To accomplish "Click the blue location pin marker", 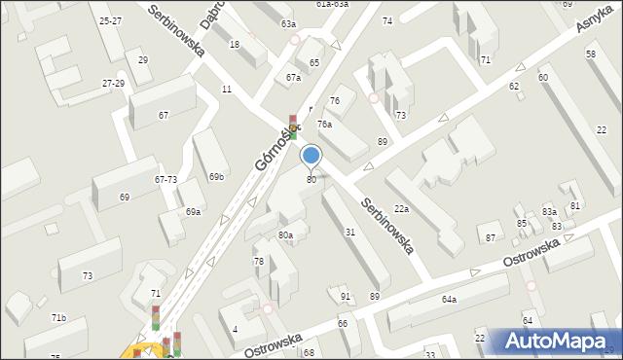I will click(311, 156).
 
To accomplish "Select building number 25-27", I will click(111, 20).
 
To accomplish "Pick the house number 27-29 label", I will click(113, 84).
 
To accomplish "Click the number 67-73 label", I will click(165, 180).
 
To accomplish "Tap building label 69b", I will click(216, 177).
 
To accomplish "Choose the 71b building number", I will click(58, 318).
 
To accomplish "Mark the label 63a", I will click(288, 23).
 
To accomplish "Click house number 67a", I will click(293, 77).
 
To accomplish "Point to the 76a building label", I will click(324, 125).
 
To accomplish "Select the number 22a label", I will click(401, 209).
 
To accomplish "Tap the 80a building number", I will click(285, 235).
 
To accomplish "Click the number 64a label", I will click(449, 300).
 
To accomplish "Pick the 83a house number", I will click(549, 211).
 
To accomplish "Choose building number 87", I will click(491, 238).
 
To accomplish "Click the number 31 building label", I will click(350, 232).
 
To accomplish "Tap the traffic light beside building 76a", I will click(293, 127).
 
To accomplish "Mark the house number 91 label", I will click(346, 296).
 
